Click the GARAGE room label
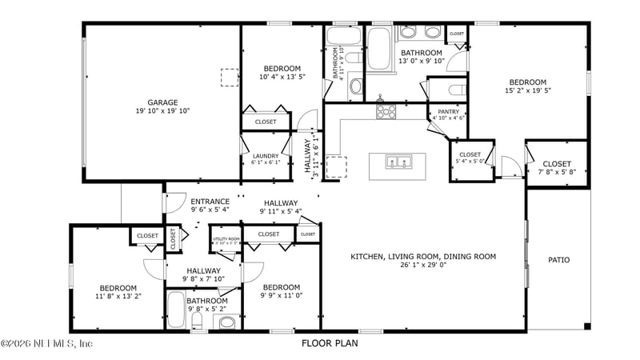coord(162,102)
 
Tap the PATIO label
coord(558,259)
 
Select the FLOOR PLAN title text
coord(330,343)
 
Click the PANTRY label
coord(447,112)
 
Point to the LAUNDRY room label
coord(265,156)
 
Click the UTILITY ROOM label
coord(225,238)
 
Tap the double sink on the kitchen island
coord(398,162)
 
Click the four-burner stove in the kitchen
coord(386,112)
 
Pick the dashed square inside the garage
coord(230,78)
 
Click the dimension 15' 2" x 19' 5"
coord(528,90)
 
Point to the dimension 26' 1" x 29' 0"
coord(423,266)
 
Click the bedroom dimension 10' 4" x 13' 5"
coord(282,77)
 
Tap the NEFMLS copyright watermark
coord(48,344)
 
